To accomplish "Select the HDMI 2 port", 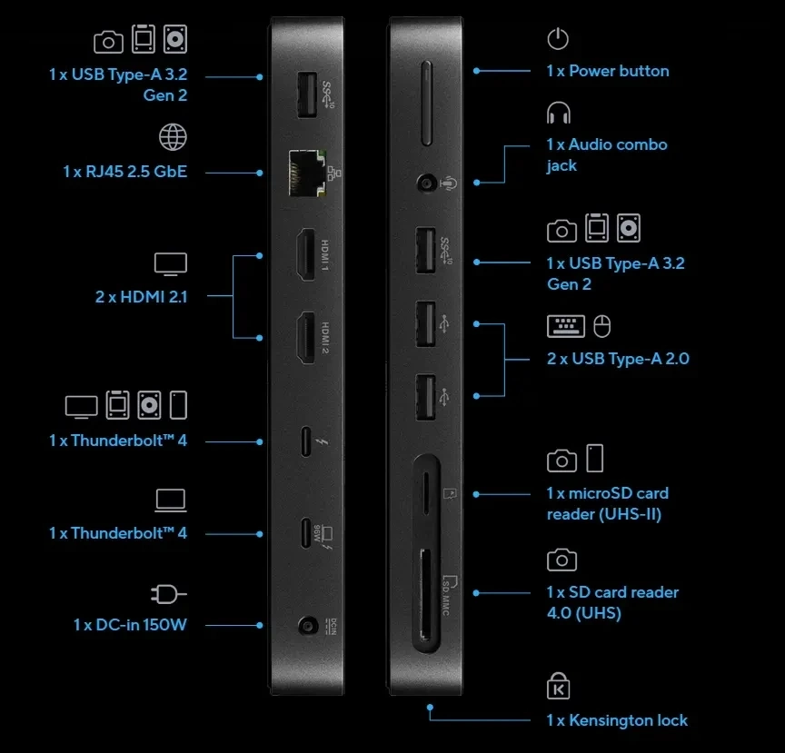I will (305, 337).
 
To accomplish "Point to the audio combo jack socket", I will (425, 183).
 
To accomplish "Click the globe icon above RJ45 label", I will (173, 138).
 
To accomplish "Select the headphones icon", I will (559, 114).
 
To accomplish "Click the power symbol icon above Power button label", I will (558, 39).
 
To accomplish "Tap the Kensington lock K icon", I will (558, 687).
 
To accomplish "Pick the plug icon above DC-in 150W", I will (168, 594).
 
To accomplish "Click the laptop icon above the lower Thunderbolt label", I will (170, 500).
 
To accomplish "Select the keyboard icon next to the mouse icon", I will (565, 325).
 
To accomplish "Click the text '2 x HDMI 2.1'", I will (141, 295).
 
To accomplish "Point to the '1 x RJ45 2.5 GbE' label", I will (124, 171).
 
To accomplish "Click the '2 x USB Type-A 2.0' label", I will (618, 359).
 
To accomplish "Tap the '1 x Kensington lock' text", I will (617, 720).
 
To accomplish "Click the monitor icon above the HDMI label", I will (170, 263).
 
